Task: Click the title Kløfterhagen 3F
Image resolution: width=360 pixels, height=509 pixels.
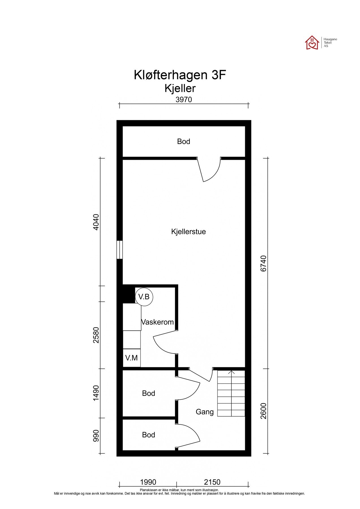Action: [180, 75]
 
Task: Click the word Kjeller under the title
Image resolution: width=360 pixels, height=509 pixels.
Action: [180, 89]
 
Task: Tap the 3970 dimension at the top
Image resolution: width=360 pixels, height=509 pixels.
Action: [184, 100]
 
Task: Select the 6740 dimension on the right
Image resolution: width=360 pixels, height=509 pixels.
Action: [264, 263]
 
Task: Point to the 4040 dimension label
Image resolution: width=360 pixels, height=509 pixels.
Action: [96, 222]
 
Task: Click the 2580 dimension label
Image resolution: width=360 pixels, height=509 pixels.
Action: [96, 335]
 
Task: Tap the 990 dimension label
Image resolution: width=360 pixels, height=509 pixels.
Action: [96, 436]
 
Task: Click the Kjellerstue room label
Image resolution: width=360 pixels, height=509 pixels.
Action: [188, 232]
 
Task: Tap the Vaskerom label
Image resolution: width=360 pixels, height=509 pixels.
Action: [158, 322]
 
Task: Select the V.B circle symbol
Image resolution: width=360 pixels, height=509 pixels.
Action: [144, 297]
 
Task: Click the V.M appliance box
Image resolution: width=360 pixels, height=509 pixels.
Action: [132, 358]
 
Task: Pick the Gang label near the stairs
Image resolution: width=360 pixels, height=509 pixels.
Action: [204, 412]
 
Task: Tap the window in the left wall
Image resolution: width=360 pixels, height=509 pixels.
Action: [120, 250]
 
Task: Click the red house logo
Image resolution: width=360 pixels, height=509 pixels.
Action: [312, 43]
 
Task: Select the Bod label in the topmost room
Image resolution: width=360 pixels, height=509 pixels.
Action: [184, 141]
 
